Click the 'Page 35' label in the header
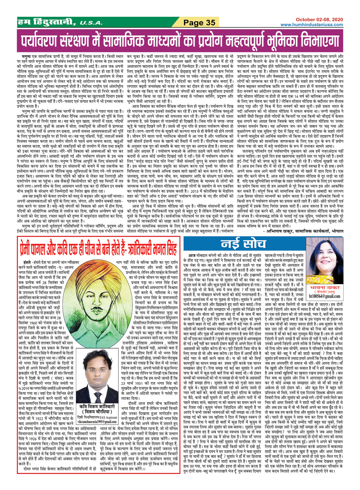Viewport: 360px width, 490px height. pyautogui.click(x=200, y=23)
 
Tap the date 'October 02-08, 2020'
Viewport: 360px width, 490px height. pyautogui.click(x=319, y=20)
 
